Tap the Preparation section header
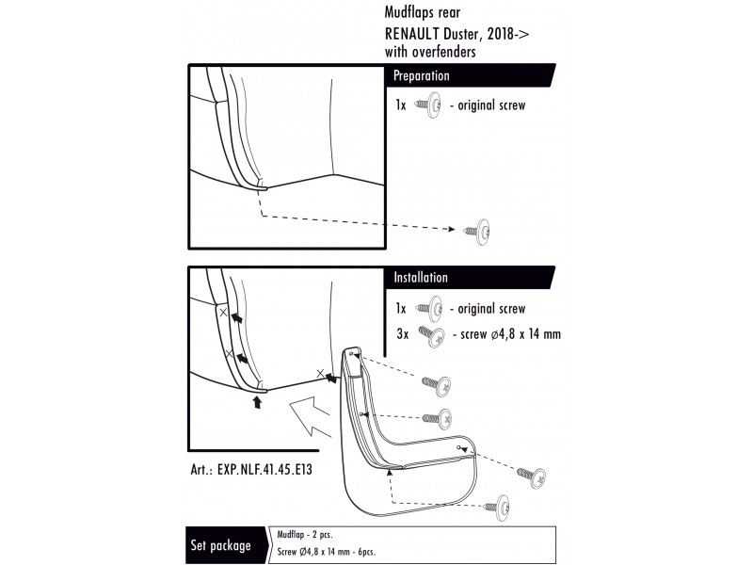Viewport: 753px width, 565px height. coord(421,75)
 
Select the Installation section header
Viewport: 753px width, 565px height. coord(421,278)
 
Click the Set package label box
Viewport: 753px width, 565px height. coord(221,545)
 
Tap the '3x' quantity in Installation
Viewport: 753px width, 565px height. coord(401,334)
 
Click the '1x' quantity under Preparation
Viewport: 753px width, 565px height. coord(401,105)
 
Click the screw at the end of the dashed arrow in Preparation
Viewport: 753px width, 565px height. coord(479,231)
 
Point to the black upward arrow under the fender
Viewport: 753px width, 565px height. coord(256,402)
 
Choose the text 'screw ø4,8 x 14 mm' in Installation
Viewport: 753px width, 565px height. coord(506,334)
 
